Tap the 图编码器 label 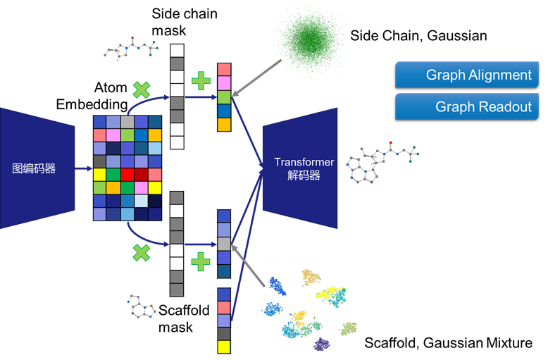(x=34, y=169)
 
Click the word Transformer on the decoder (x=304, y=163)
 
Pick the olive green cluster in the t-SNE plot (x=349, y=328)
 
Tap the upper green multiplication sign (x=142, y=90)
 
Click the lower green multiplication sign (x=142, y=252)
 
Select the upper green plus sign (x=201, y=81)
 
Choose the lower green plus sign (x=201, y=262)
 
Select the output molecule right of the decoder (x=382, y=162)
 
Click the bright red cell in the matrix (x=127, y=175)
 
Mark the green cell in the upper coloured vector (x=224, y=97)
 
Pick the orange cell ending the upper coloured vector (x=224, y=124)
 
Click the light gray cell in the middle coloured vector (x=224, y=244)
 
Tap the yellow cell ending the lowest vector (x=224, y=347)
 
